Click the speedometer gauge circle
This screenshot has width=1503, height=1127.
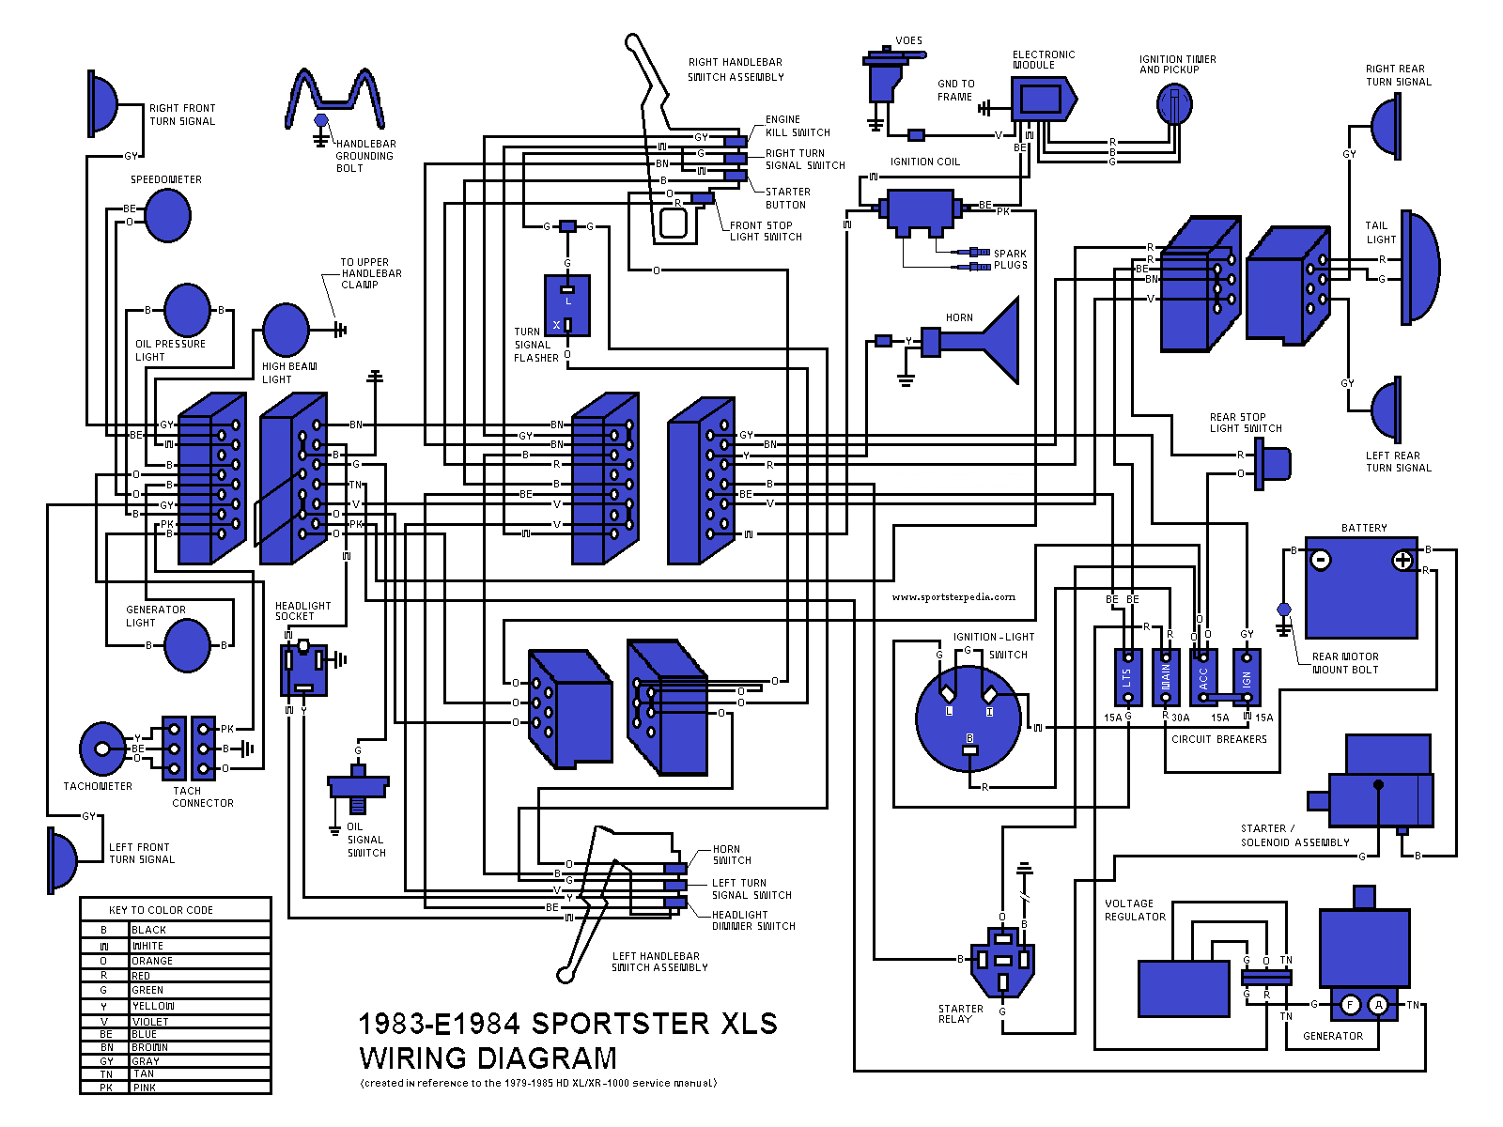point(168,215)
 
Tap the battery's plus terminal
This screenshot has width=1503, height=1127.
point(1402,561)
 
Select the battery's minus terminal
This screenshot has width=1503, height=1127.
point(1320,561)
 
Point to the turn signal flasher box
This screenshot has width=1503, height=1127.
point(567,305)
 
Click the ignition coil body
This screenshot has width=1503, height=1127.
point(921,212)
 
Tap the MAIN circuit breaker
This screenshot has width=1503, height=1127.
point(1166,677)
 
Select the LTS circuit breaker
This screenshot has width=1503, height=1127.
point(1127,677)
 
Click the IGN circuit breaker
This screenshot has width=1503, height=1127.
point(1247,677)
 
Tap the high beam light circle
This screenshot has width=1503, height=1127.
point(286,330)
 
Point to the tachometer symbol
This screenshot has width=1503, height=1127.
point(101,749)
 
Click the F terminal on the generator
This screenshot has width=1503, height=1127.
point(1350,1005)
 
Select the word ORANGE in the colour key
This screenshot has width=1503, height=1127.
point(152,961)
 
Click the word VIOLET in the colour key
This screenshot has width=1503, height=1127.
point(150,1021)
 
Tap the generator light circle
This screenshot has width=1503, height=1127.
point(187,646)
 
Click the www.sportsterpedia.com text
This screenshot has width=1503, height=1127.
point(953,596)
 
